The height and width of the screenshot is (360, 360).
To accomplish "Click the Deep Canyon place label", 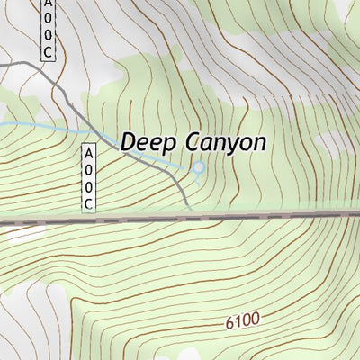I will (193, 143).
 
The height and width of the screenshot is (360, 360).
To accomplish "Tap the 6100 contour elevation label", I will (242, 319).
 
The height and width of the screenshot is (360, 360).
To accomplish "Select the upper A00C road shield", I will (48, 30).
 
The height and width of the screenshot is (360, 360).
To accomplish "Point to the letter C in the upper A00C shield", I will (48, 52).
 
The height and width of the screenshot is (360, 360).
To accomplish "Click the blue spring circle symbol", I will (199, 167).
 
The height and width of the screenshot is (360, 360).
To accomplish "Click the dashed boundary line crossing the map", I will (270, 217).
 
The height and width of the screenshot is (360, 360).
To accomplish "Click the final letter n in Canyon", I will (259, 143).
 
